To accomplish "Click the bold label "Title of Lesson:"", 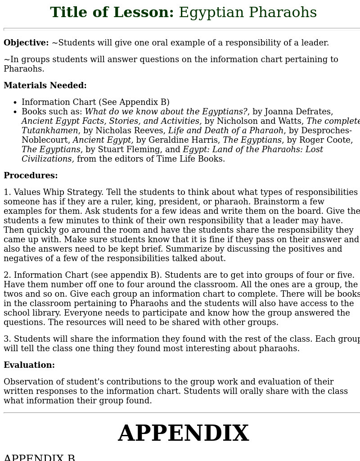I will click(112, 13).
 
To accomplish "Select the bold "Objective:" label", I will click(26, 43).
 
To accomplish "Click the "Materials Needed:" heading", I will click(45, 86).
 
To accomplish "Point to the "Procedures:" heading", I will click(31, 176).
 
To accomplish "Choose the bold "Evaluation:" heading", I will click(29, 365).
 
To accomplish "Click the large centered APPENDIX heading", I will click(183, 434).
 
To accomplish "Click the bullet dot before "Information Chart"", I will click(15, 103).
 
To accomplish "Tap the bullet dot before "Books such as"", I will click(15, 112).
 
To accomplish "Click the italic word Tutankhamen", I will click(49, 131).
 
